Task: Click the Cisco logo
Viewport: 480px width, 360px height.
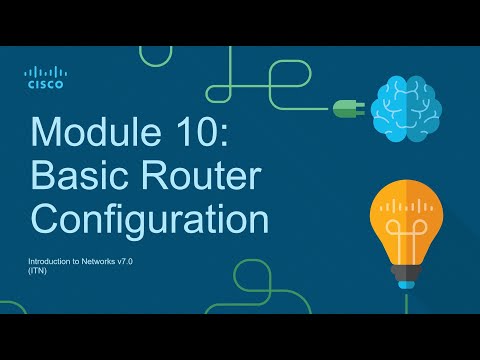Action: click(44, 77)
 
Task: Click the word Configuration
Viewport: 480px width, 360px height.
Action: click(150, 220)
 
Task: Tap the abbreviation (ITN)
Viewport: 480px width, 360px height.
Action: click(37, 270)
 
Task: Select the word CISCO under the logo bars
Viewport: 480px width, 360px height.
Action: click(44, 86)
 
